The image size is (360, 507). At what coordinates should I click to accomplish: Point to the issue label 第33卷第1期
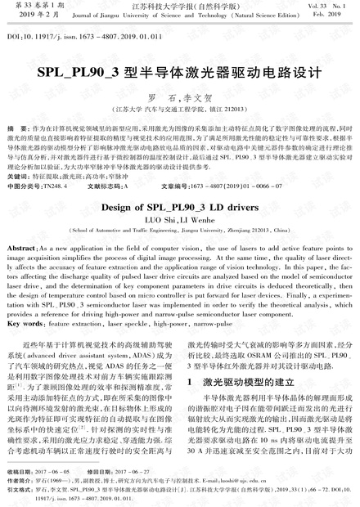[31, 5]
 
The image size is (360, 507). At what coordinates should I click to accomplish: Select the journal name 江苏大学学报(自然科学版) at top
[179, 5]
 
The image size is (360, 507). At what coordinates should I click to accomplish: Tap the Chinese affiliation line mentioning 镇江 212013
[179, 107]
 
